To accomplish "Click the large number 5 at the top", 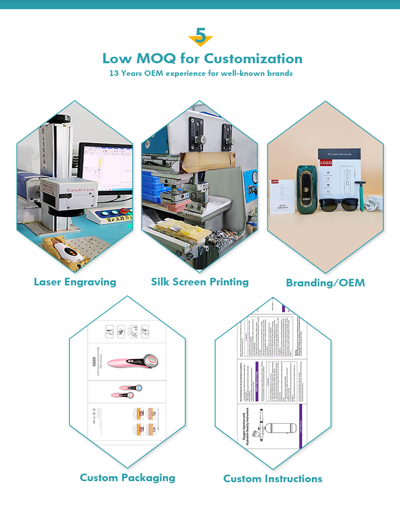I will tap(201, 36).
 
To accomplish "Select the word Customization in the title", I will tap(253, 58).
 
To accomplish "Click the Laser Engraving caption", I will tap(75, 282).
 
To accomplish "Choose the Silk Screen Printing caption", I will tap(199, 282).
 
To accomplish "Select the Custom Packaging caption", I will tap(127, 477).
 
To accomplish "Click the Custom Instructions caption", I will tap(272, 478).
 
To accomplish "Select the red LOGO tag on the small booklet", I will tap(275, 181).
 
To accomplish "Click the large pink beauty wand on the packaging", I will tap(129, 360).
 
